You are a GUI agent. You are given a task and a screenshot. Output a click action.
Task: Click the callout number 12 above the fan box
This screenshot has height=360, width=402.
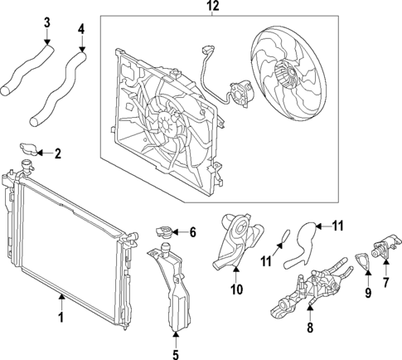coord(213,6)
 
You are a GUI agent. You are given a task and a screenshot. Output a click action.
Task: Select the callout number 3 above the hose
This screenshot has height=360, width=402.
coord(47,22)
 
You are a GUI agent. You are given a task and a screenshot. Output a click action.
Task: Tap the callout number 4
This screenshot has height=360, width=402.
coord(81,29)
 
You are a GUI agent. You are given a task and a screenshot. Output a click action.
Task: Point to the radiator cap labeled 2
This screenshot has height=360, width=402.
coord(29,148)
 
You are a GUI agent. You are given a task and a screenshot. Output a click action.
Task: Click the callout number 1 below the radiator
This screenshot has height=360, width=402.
coord(61,317)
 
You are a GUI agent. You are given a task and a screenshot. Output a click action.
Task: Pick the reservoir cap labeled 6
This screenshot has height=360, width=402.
coord(164,231)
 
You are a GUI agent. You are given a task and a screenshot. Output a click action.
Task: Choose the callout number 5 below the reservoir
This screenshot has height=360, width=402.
coord(176,354)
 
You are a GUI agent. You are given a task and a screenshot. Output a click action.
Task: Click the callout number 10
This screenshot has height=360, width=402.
coord(237,289)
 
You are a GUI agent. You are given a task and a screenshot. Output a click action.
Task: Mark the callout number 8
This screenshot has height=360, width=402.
coord(310,328)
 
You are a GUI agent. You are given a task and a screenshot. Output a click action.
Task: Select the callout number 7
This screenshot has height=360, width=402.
coord(385,282)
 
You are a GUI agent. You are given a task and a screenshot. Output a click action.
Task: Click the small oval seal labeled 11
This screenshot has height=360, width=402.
coord(285,237)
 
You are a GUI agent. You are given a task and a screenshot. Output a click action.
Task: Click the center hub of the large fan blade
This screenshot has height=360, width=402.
coord(290,72)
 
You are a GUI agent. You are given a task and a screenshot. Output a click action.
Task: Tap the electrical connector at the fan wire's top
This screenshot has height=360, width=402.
coord(208,50)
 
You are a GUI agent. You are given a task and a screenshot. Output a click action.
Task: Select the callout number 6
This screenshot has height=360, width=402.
coord(192,232)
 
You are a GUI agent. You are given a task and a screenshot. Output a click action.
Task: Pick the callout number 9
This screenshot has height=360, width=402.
coord(368,293)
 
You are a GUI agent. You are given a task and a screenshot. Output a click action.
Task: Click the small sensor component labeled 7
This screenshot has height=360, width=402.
coord(385,245)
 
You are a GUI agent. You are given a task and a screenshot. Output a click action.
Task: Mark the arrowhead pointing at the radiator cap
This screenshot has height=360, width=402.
coord(40,153)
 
